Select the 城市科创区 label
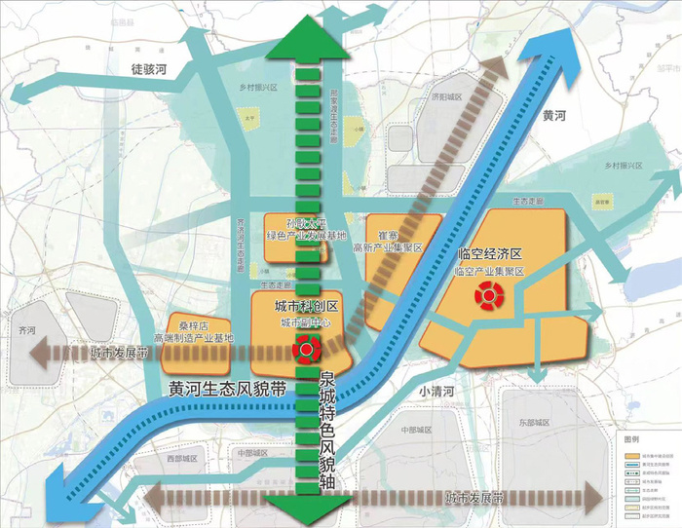click(x=299, y=306)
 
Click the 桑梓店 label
click(x=188, y=325)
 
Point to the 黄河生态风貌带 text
click(x=226, y=387)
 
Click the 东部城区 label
click(x=535, y=423)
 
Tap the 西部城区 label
click(x=181, y=457)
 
